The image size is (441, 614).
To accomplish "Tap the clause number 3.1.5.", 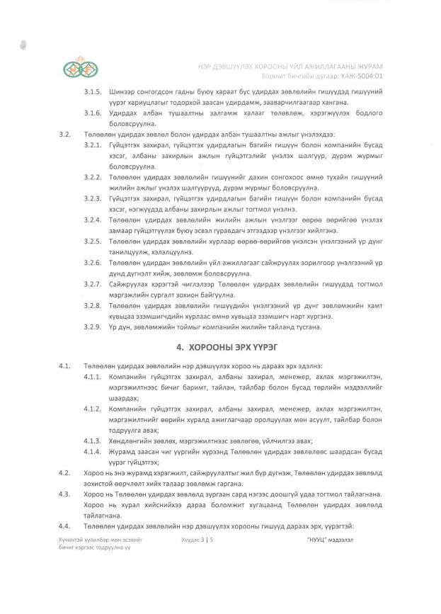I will click(x=93, y=93).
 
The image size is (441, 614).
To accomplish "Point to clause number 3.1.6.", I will click(x=93, y=113).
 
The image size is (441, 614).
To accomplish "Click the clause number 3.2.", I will click(x=67, y=134).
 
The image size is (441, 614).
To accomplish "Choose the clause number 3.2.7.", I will click(x=93, y=283).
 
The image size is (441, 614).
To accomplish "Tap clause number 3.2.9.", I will click(x=93, y=326).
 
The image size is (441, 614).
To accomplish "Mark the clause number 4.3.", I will click(x=67, y=493).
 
